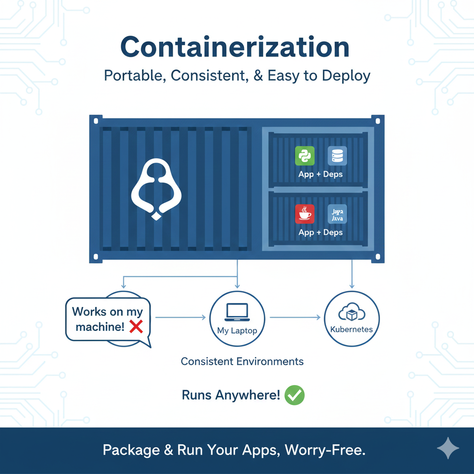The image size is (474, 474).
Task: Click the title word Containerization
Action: (235, 47)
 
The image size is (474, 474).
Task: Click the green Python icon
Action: (305, 156)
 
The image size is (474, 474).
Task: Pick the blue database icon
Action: (337, 156)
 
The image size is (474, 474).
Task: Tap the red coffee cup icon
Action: (305, 214)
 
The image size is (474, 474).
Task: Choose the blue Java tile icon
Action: (337, 214)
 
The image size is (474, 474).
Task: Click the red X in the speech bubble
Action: (136, 327)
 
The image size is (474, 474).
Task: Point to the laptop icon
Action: (237, 312)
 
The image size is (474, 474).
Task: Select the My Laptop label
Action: (237, 331)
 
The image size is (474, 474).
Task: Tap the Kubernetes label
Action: (352, 330)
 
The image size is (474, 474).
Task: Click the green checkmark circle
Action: (294, 395)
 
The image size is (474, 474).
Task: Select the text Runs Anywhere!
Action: (231, 395)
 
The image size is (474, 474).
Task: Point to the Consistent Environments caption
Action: (242, 362)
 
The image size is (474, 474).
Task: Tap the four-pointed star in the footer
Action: (448, 448)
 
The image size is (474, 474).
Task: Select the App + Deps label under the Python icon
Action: (320, 175)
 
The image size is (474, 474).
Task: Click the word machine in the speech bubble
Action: (100, 327)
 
